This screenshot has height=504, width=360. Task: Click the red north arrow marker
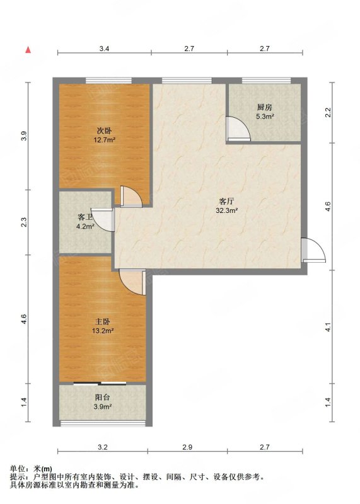[28, 50]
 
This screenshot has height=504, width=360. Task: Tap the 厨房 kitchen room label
[265, 107]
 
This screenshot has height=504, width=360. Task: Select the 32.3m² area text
[227, 211]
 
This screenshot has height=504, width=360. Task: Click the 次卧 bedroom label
[104, 131]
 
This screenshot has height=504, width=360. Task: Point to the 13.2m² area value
[103, 331]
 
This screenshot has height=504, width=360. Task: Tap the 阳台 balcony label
[103, 398]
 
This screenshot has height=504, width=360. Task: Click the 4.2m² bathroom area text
[85, 226]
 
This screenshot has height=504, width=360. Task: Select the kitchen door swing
[238, 129]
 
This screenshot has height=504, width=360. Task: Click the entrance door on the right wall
[313, 250]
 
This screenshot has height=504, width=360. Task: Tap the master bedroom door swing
[132, 282]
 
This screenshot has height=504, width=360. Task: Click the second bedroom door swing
[131, 196]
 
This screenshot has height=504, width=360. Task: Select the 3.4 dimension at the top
[104, 49]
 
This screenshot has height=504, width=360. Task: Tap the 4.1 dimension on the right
[328, 327]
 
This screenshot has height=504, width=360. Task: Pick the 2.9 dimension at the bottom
[187, 447]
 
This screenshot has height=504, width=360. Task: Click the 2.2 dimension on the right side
[328, 112]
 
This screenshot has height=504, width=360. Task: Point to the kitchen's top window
[267, 81]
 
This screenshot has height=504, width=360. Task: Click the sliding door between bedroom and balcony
[100, 383]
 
